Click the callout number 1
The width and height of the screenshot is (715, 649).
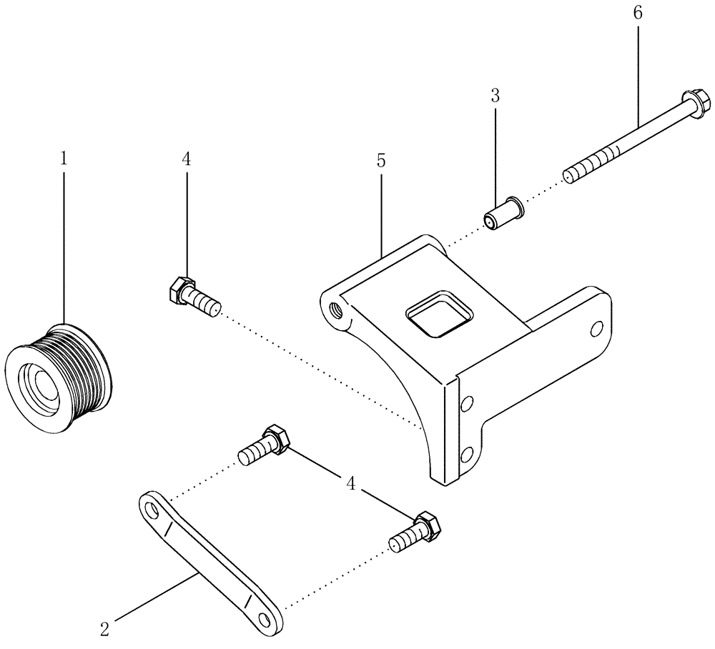tap(64, 159)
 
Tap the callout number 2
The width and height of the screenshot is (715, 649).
tap(105, 628)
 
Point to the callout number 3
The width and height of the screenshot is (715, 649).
tap(495, 96)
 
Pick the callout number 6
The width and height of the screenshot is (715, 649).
tap(638, 12)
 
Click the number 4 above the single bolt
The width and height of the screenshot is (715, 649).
tap(187, 159)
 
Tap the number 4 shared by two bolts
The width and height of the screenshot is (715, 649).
tap(350, 484)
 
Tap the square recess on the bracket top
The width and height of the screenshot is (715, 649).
tap(439, 312)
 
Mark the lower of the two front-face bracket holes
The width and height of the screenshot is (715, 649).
tap(466, 452)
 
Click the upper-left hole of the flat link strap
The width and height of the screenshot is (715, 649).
tap(152, 510)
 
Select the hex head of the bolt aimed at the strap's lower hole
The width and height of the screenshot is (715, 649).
tap(427, 525)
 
